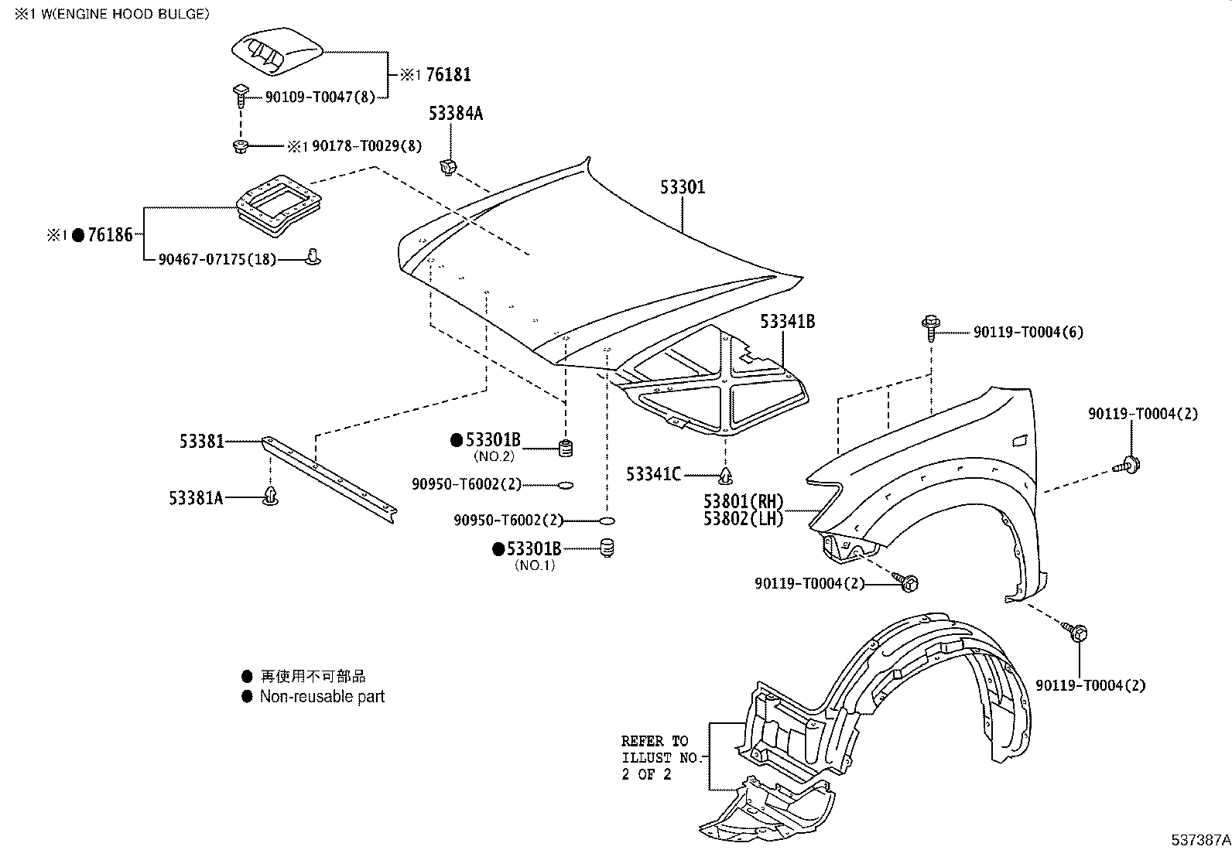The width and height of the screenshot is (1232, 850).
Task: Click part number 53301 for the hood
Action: point(683,187)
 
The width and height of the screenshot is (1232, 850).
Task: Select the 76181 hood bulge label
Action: point(448,75)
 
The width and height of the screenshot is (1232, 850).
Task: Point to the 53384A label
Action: point(456,114)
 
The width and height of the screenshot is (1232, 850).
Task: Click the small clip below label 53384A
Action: point(447,166)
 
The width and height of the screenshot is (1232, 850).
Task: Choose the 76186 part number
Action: point(110,234)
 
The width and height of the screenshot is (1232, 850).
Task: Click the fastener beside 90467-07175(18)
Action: point(313,256)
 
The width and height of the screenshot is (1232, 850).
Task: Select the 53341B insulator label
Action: point(787,321)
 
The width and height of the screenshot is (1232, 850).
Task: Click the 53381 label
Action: point(202,441)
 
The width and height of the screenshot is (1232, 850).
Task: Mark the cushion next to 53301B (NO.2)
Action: point(566,447)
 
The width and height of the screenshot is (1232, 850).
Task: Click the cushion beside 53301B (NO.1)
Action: point(607,548)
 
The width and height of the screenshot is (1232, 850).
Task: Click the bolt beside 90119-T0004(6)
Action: point(930,329)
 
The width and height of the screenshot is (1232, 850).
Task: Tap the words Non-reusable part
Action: point(322,696)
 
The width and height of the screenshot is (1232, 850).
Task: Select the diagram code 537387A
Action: point(1199,839)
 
